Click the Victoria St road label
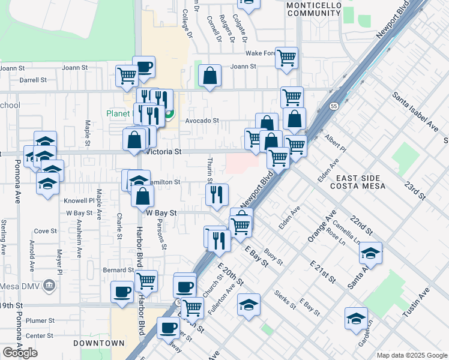pos(163,152)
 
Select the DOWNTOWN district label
pos(98,343)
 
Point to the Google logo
pos(20,352)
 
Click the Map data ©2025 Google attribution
pos(412,355)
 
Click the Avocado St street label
pos(202,121)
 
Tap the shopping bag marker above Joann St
pos(209,76)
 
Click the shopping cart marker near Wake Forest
pos(286,58)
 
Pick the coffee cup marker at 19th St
pos(122,292)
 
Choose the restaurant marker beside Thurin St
pos(216,194)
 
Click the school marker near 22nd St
pos(370,253)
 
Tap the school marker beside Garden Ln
pos(356,318)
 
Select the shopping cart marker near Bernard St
pos(146,281)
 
